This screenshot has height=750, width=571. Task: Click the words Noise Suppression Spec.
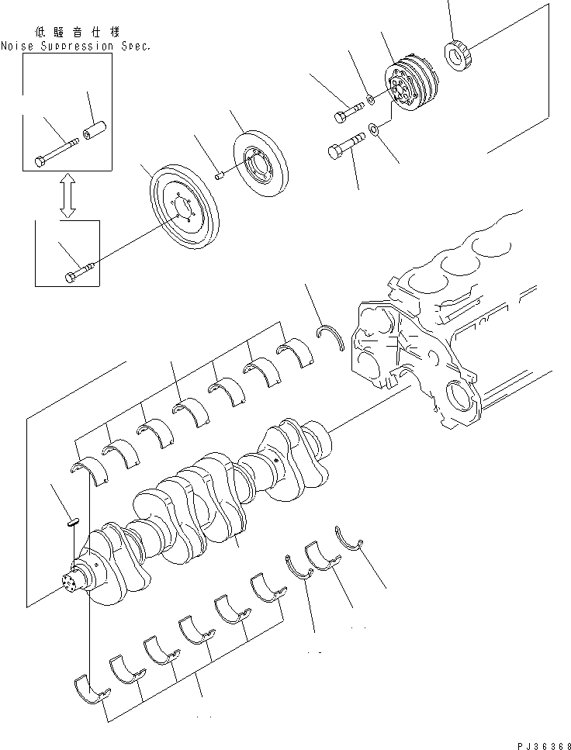pyautogui.click(x=75, y=46)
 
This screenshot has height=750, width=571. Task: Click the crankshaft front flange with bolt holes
pyautogui.click(x=74, y=582)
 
